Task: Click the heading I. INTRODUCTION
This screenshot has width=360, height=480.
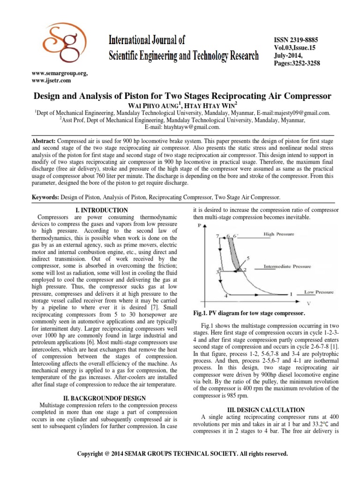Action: [101, 210]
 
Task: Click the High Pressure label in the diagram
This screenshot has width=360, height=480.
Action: [276, 233]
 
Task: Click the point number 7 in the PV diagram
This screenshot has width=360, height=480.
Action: [217, 236]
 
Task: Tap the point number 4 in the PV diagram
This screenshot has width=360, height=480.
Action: [226, 296]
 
